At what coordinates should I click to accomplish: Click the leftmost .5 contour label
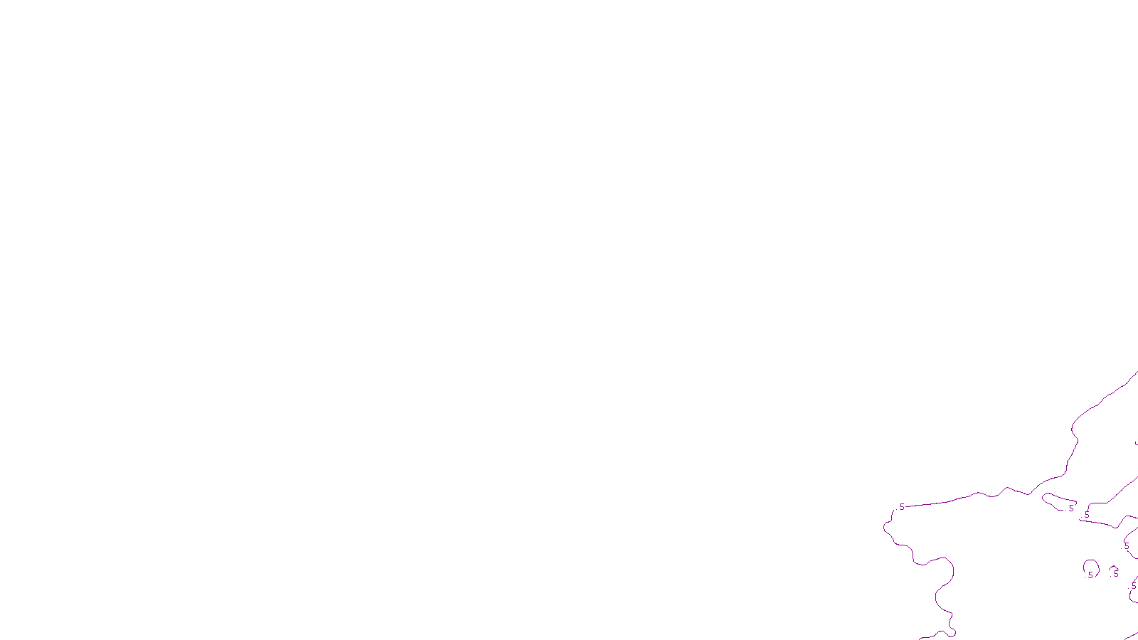tap(901, 507)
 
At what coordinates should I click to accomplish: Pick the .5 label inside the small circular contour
tap(1090, 575)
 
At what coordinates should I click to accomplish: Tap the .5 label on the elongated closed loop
tap(1070, 508)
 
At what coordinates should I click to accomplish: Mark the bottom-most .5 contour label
tap(1133, 586)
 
